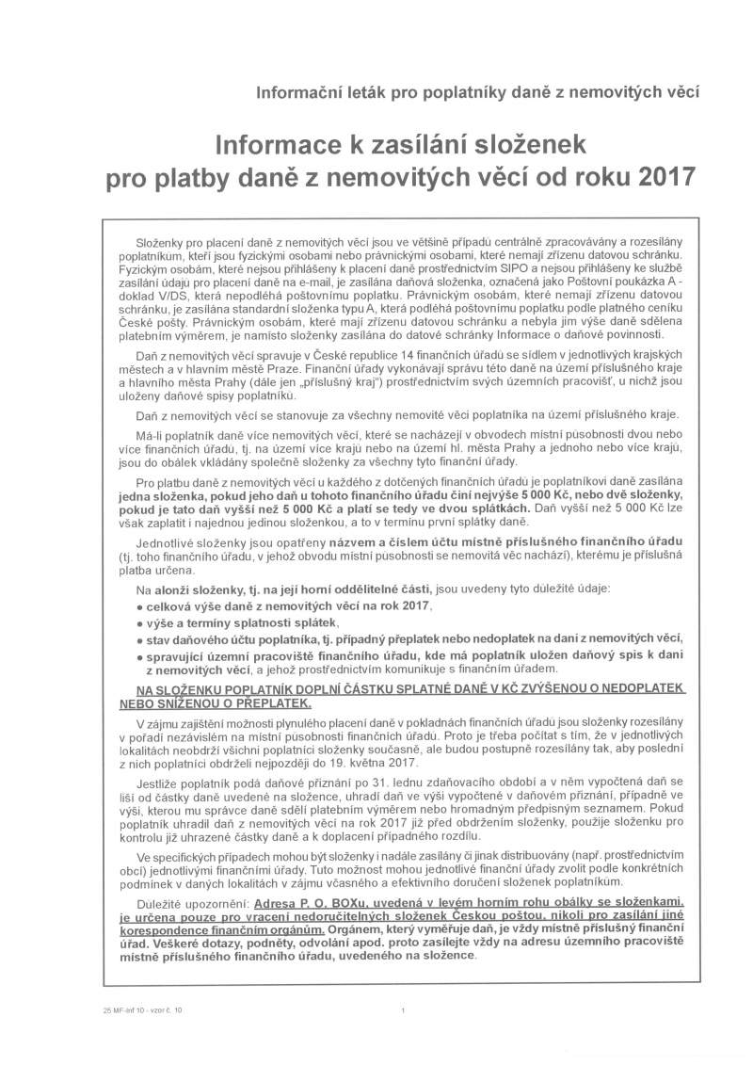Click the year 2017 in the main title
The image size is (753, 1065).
pyautogui.click(x=660, y=176)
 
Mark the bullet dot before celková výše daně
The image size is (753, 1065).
pyautogui.click(x=139, y=607)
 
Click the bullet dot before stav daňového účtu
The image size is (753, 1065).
pyautogui.click(x=139, y=640)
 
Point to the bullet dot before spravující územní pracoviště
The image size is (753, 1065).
pyautogui.click(x=139, y=656)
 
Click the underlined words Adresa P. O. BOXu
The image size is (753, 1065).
pyautogui.click(x=306, y=902)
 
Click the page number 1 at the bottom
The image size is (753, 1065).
pyautogui.click(x=403, y=1010)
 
